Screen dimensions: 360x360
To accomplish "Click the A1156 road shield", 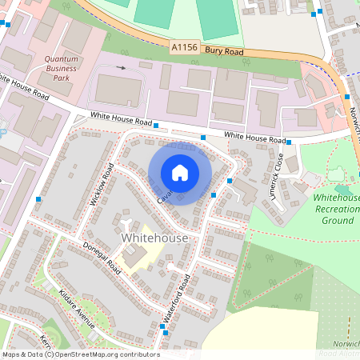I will pos(183,50).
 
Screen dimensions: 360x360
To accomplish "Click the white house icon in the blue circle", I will pos(180,173).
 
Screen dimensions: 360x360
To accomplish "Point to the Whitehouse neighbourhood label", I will pos(154,238).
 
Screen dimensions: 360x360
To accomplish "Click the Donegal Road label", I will pos(101,256).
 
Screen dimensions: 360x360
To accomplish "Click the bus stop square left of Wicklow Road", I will pos(38,198).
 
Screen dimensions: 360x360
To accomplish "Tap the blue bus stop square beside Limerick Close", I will pos(230,181).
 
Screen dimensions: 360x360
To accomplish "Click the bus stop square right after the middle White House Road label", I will pos(157,126).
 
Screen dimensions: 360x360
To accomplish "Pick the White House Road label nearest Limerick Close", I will pos(254,138).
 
